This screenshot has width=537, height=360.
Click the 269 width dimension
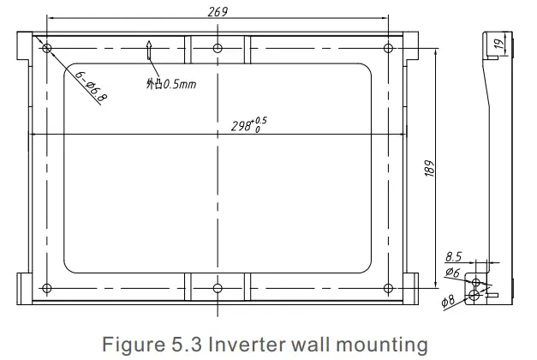pyautogui.click(x=218, y=11)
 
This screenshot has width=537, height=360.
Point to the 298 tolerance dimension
pyautogui.click(x=249, y=125)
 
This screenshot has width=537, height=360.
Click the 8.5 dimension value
pyautogui.click(x=454, y=255)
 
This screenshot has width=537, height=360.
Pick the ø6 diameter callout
pyautogui.click(x=453, y=273)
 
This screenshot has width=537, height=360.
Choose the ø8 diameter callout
pyautogui.click(x=447, y=301)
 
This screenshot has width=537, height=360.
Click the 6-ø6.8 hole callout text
pyautogui.click(x=91, y=86)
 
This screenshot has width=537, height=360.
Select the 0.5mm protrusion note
pyautogui.click(x=171, y=84)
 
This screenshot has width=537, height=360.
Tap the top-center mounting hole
pyautogui.click(x=218, y=47)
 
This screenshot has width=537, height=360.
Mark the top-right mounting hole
pyautogui.click(x=389, y=47)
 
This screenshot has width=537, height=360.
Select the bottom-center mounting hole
pyautogui.click(x=218, y=288)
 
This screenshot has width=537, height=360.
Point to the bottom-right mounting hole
pyautogui.click(x=389, y=288)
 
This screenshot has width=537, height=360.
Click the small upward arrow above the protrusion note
pyautogui.click(x=151, y=51)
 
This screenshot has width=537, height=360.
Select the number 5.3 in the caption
pyautogui.click(x=175, y=345)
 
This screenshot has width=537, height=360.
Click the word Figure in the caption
pyautogui.click(x=128, y=345)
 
